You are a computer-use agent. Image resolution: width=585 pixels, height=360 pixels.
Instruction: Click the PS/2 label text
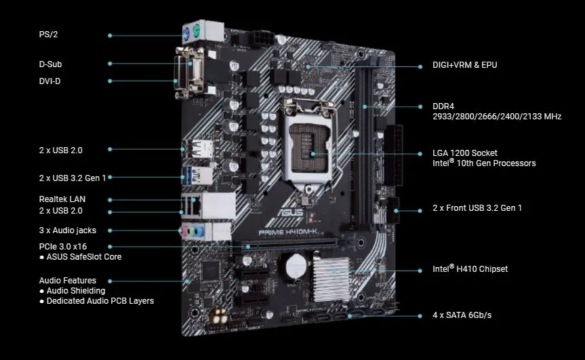[x=48, y=34]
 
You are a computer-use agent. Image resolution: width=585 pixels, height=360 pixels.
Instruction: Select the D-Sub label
[x=51, y=64]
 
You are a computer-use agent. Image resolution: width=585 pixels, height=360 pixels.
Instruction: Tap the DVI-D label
[x=51, y=81]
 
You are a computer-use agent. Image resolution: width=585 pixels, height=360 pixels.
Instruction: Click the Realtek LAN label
[x=62, y=199]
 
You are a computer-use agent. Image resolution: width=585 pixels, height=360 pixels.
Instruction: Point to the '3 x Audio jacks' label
[x=67, y=231]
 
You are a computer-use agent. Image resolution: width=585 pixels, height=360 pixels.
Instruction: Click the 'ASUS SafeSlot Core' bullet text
[x=84, y=257]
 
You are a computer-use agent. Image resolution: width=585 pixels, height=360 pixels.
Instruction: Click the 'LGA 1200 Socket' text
[x=465, y=153]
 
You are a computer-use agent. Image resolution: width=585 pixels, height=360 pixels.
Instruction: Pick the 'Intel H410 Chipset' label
[x=470, y=269]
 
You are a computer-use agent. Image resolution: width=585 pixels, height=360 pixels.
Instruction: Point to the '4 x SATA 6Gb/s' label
[x=462, y=315]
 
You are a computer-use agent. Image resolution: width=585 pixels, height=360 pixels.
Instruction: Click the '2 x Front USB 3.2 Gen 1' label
[x=477, y=207]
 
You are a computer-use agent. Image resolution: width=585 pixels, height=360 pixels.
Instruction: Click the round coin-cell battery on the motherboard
[x=296, y=266]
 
